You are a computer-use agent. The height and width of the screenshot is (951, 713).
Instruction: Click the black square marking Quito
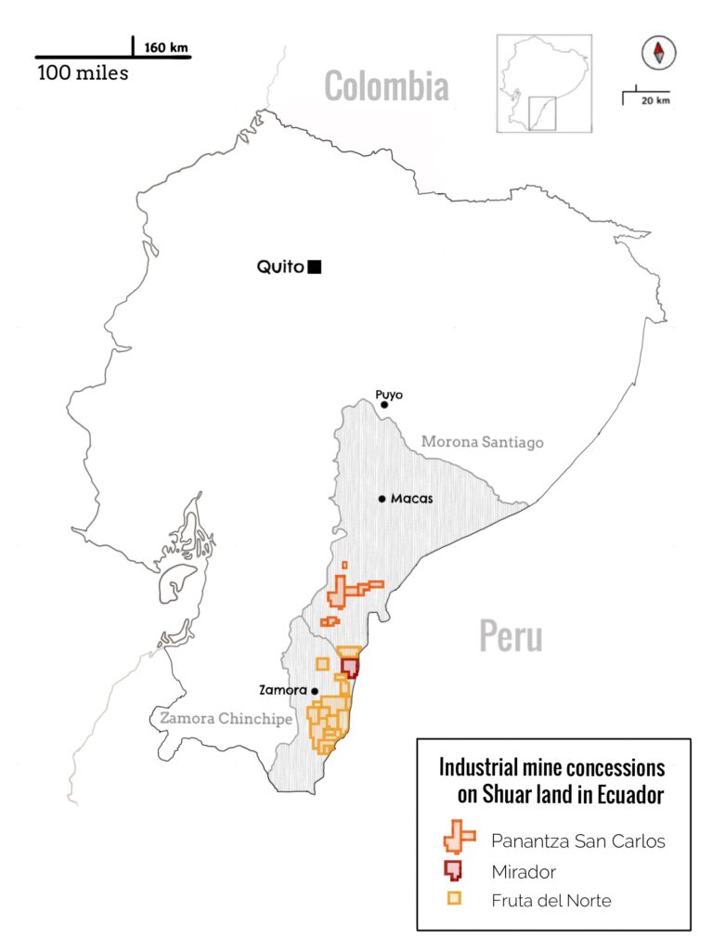tap(315, 267)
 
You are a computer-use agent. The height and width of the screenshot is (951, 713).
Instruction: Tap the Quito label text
tap(280, 267)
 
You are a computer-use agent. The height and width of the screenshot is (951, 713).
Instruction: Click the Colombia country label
tap(386, 87)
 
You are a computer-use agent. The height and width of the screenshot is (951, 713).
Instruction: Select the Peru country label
tap(511, 637)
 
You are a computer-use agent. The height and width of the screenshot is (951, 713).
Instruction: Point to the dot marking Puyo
tap(383, 405)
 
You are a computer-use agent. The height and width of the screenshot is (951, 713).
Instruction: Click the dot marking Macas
tap(382, 499)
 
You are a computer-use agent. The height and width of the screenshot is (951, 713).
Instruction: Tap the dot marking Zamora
tap(315, 691)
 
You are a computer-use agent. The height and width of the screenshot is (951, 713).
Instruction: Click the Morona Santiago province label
tap(482, 442)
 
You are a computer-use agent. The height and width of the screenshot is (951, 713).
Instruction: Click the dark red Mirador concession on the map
tap(350, 668)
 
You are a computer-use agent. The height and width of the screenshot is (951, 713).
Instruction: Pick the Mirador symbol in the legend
tap(453, 870)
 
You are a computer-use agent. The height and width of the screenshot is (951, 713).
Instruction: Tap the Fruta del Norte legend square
tap(454, 899)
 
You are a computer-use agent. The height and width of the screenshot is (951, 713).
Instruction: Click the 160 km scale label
tap(164, 46)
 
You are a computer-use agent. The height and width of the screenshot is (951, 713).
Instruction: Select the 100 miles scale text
tap(83, 72)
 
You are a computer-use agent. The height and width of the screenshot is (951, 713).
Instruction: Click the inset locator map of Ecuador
tap(544, 84)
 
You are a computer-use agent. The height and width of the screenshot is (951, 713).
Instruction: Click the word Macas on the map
tap(411, 499)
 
